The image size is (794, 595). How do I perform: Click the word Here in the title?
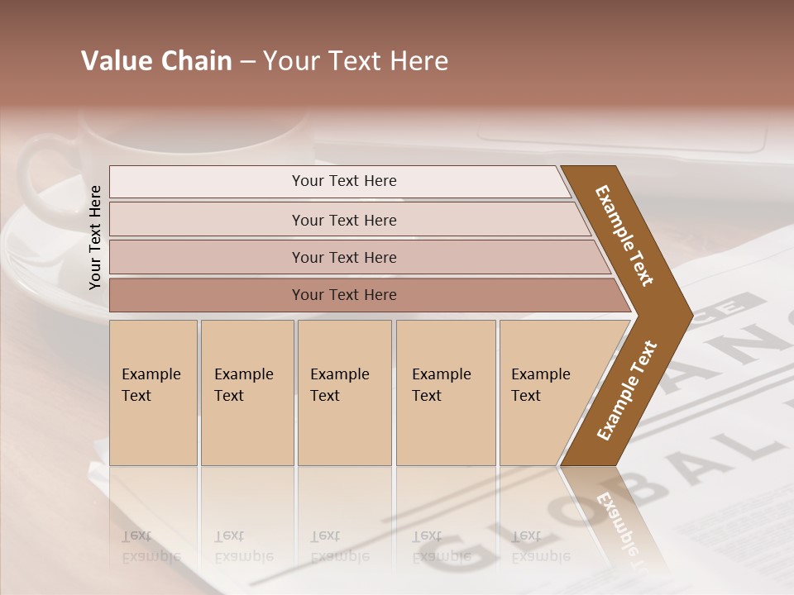coord(419,61)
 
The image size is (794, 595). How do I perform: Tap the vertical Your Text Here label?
coord(95,237)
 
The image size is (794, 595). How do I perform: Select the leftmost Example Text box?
coord(153,393)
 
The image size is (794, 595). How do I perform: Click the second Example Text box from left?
coord(247,393)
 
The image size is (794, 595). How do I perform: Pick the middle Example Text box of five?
coord(344,393)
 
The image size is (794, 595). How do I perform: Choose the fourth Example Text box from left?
coord(446,393)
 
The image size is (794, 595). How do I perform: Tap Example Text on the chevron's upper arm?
coord(624,236)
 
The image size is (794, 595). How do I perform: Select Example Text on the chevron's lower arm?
coord(626,391)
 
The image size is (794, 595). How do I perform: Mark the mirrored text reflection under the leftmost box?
coord(151,546)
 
